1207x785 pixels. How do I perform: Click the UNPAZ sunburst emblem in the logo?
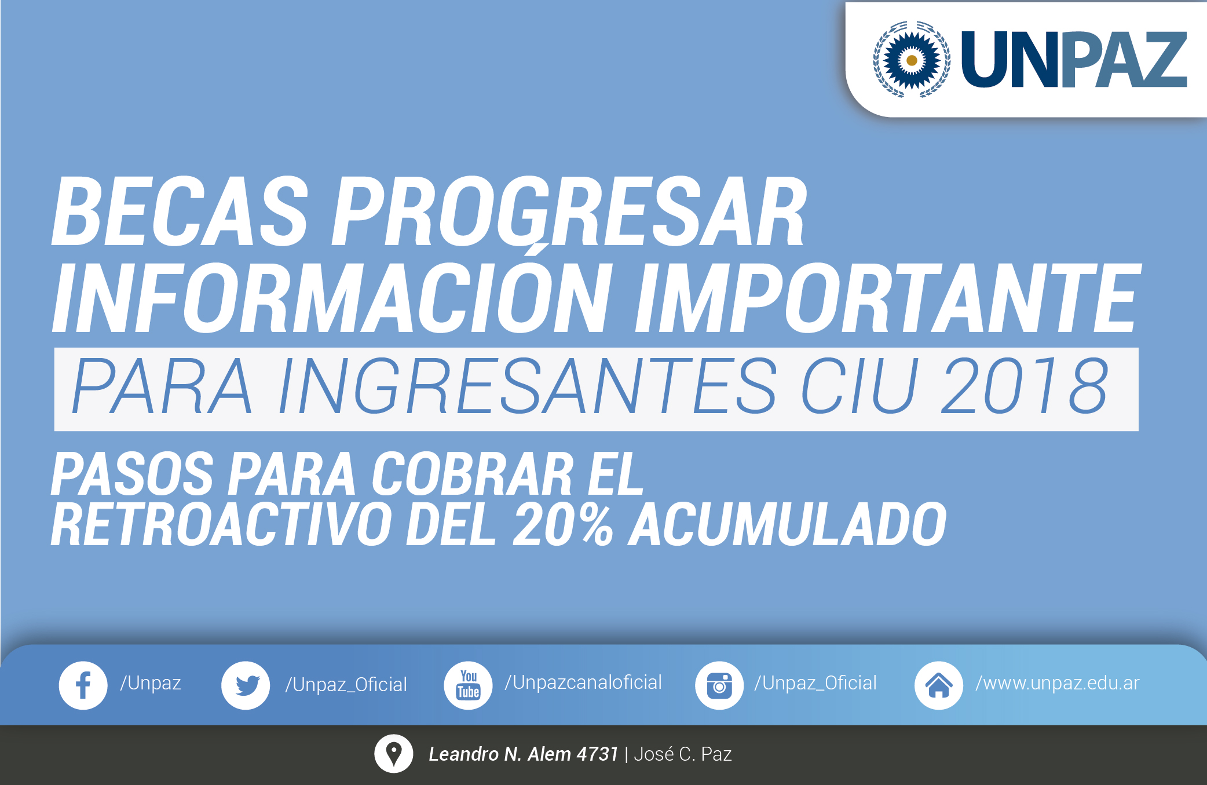click(x=912, y=59)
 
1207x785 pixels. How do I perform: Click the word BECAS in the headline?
click(x=180, y=211)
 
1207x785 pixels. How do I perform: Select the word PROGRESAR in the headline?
click(x=569, y=211)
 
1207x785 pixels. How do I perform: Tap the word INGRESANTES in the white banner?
click(x=527, y=386)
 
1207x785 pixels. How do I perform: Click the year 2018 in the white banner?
click(x=1025, y=386)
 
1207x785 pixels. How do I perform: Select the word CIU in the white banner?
click(x=859, y=386)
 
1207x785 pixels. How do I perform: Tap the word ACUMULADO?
click(x=788, y=525)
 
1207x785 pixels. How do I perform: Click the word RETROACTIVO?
click(x=221, y=525)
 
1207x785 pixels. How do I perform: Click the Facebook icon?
click(x=83, y=685)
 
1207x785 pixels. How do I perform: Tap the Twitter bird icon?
click(x=246, y=685)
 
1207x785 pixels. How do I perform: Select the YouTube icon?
click(x=468, y=685)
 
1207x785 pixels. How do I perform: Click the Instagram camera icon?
click(x=719, y=685)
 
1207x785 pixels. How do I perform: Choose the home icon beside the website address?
click(x=939, y=685)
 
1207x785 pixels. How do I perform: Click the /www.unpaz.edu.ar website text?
click(x=1058, y=684)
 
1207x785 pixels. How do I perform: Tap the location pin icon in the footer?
click(x=394, y=754)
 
